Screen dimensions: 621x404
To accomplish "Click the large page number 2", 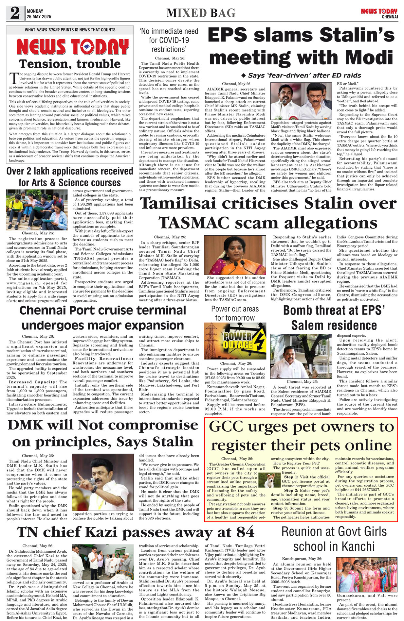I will tap(15, 13).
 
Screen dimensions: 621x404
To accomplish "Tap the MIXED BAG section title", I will tap(201, 13).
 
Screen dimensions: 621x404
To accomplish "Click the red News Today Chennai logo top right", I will tap(379, 13).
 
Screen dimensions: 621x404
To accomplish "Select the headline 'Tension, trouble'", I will tap(70, 64).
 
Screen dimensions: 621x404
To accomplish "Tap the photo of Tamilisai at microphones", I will tap(235, 255).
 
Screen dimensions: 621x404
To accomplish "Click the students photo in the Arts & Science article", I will tap(37, 210).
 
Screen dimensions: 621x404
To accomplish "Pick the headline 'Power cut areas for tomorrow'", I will tap(235, 313).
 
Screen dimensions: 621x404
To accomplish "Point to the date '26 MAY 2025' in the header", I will tap(39, 17).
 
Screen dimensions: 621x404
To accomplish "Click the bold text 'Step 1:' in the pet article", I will tap(291, 477).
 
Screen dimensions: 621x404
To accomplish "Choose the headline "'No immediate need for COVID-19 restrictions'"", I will tap(169, 40).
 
